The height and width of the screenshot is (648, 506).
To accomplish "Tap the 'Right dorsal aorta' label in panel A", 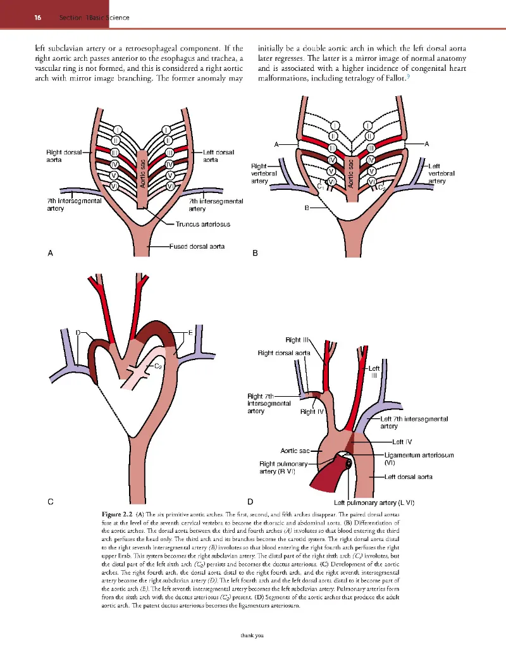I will tap(63, 156).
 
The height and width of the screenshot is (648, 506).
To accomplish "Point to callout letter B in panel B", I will tap(306, 209).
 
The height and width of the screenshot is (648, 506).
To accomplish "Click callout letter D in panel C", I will tap(78, 332).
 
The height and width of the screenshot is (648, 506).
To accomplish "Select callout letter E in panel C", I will tap(190, 332).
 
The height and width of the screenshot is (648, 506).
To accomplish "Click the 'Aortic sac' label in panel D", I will tap(295, 451).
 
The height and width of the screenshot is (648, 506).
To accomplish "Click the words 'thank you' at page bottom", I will tap(252, 636).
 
